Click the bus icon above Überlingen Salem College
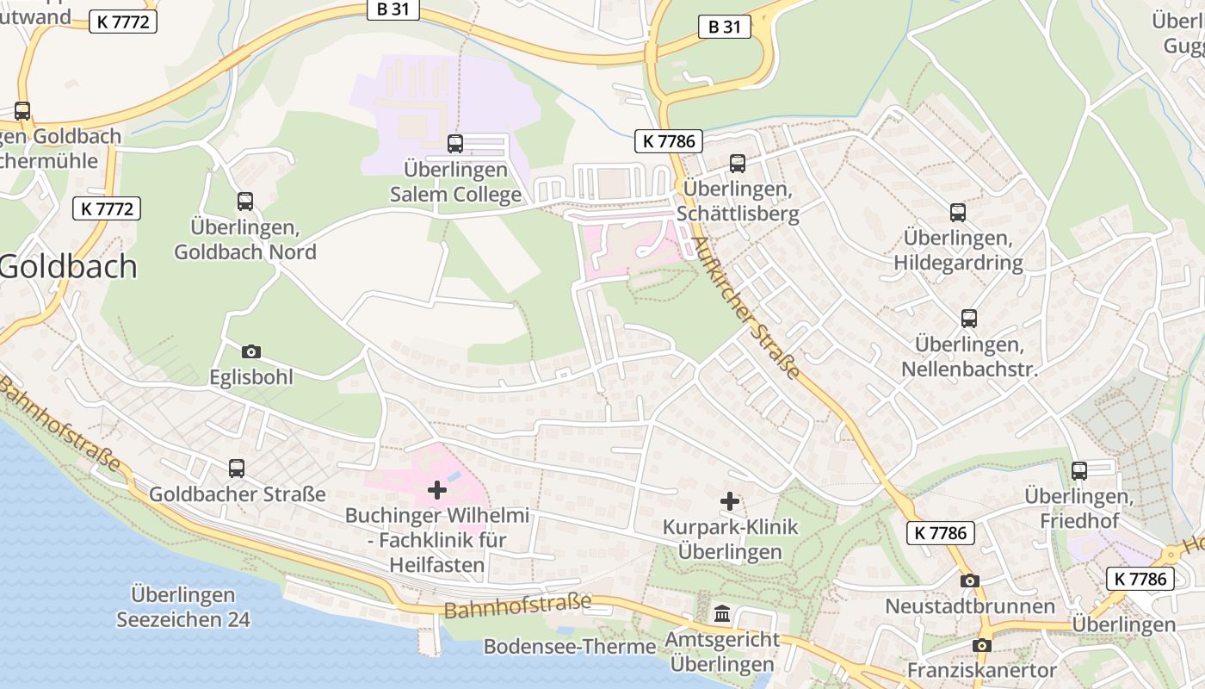tap(455, 144)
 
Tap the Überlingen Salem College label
tap(455, 182)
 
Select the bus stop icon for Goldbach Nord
tap(245, 202)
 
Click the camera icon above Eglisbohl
tap(251, 351)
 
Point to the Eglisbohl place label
tap(251, 377)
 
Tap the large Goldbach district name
tap(69, 266)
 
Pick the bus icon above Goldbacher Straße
tap(237, 469)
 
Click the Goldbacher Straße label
tap(238, 494)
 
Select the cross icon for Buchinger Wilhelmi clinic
tap(437, 490)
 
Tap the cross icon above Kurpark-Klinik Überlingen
tap(730, 501)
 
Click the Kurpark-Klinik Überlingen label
tap(730, 539)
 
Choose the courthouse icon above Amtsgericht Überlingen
tap(722, 614)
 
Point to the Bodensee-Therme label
tap(570, 646)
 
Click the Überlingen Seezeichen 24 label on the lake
tap(183, 607)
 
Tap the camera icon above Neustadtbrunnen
tap(970, 580)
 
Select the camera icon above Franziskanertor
tap(982, 645)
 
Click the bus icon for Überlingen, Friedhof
tap(1079, 471)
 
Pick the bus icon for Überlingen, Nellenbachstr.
tap(969, 319)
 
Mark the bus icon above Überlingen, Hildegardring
tap(958, 213)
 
